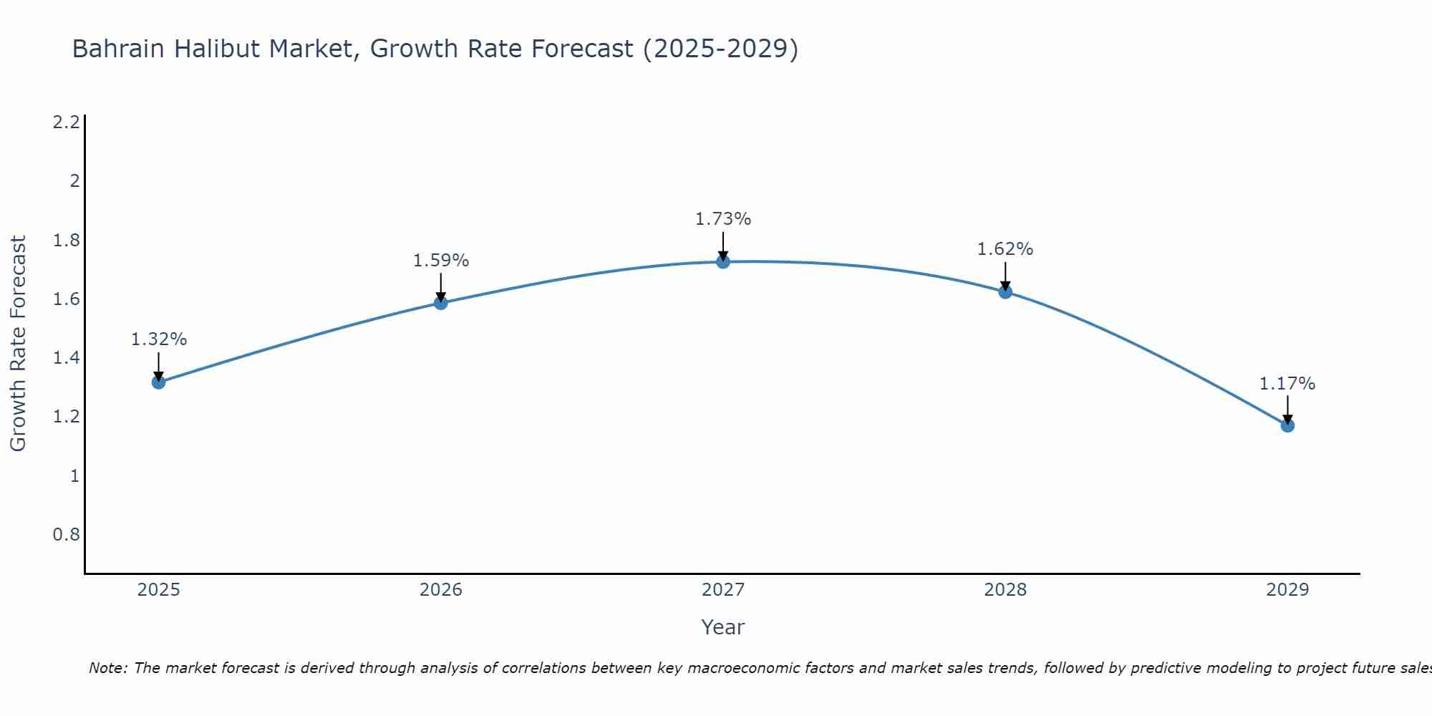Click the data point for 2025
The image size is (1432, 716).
coord(158,382)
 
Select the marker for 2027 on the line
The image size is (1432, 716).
coord(722,261)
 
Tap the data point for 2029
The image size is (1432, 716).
coord(1287,425)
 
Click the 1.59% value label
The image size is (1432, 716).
coord(440,261)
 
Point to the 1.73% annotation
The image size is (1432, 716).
coord(722,219)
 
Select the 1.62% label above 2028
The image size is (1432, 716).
coord(1005,249)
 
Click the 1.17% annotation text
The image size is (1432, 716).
coord(1287,384)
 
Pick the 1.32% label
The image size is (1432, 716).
coord(158,339)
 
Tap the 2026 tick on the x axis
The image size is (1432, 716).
coord(440,590)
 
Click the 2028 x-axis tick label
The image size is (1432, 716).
coord(1005,590)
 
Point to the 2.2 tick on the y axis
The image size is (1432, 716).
coord(66,122)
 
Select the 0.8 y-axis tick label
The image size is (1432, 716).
coord(66,535)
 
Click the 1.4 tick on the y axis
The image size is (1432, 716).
coord(66,358)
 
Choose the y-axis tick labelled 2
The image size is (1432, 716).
coord(74,181)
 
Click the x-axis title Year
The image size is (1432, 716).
coord(722,627)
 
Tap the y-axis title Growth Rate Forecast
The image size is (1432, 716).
coord(18,344)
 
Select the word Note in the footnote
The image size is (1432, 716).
coord(107,668)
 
